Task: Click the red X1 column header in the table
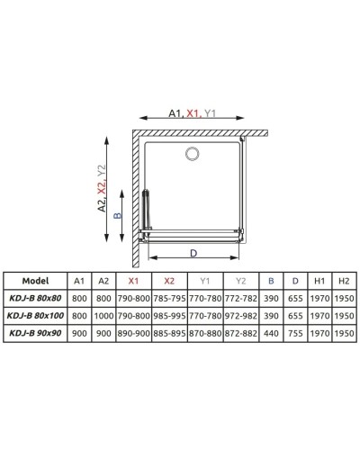[133, 280]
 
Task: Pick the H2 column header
[341, 280]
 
